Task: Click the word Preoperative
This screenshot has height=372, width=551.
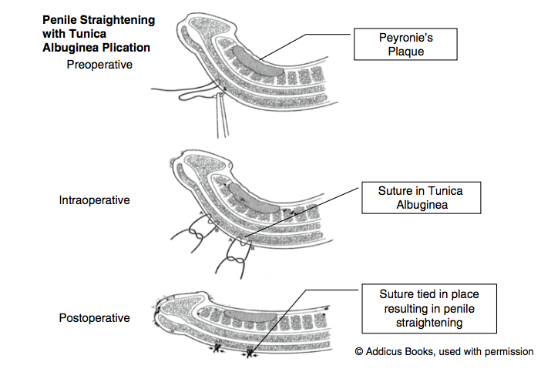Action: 99,65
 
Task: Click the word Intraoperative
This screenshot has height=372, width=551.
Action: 94,200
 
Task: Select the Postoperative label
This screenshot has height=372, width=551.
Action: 94,317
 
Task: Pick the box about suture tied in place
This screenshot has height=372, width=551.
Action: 428,308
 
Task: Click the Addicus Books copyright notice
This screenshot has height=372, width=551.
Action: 444,351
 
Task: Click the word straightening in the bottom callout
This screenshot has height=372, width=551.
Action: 428,323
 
